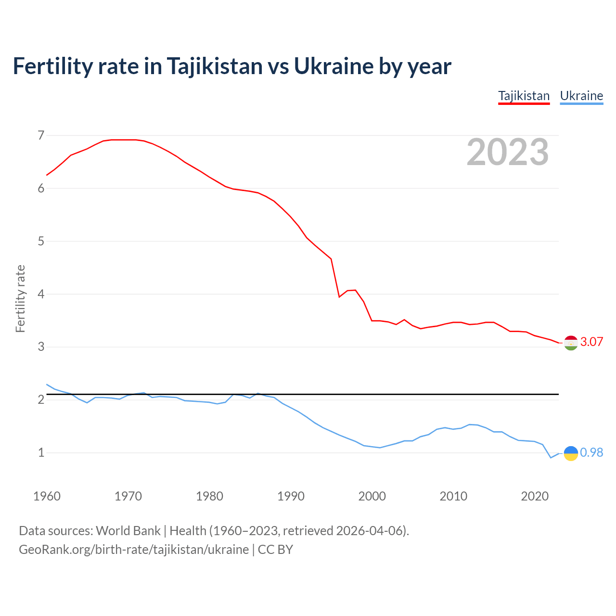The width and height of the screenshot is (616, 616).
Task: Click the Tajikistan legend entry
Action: tap(524, 96)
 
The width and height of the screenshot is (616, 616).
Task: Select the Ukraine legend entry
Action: tap(581, 96)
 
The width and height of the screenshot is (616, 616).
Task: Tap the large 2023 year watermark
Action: tap(507, 152)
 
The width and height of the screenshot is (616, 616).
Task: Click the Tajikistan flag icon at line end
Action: tap(571, 343)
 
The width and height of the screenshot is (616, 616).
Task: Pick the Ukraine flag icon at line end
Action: tap(571, 453)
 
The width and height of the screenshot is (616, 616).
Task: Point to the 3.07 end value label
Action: tap(591, 342)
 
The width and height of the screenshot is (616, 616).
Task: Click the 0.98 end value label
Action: tap(591, 453)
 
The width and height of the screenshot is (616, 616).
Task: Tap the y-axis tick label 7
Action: tap(41, 135)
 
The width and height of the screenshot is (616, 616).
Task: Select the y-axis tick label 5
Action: tap(41, 241)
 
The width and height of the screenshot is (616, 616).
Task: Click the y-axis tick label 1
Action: tap(41, 453)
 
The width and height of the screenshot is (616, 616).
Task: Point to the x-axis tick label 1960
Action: tap(47, 496)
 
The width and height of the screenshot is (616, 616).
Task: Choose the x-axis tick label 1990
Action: tap(291, 496)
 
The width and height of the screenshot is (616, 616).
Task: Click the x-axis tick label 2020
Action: tap(535, 496)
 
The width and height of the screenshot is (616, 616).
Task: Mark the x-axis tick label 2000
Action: tap(372, 496)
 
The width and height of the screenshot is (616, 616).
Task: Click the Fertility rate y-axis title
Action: tap(20, 298)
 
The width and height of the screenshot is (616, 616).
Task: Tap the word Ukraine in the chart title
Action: tap(333, 66)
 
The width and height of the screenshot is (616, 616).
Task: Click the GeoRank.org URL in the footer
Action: tap(134, 550)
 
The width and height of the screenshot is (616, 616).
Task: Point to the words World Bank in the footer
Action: tap(128, 531)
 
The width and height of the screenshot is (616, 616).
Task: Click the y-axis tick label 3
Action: tap(41, 347)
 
